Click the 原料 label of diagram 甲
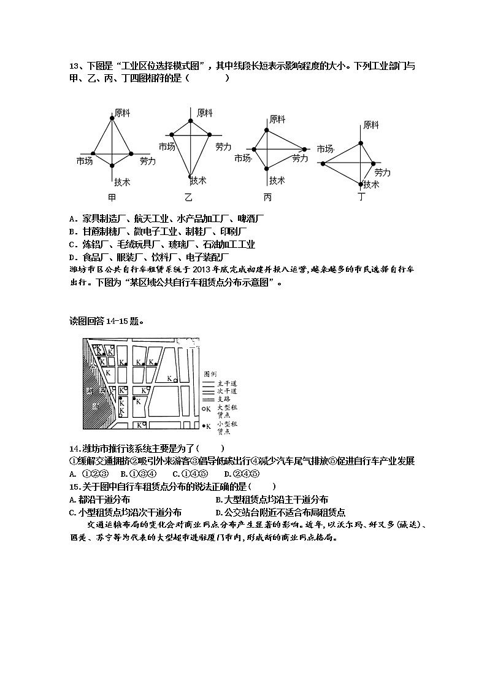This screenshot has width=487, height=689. pyautogui.click(x=122, y=113)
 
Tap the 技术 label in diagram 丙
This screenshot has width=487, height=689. pyautogui.click(x=277, y=180)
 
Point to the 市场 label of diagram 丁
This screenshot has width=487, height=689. pyautogui.click(x=324, y=149)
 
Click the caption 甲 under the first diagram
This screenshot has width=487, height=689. pyautogui.click(x=112, y=198)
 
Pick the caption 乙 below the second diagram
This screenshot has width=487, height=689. pyautogui.click(x=189, y=198)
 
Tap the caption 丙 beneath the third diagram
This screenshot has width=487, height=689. pyautogui.click(x=267, y=198)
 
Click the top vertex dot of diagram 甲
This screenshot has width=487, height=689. pyautogui.click(x=112, y=118)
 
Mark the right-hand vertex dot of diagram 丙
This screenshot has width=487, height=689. pyautogui.click(x=304, y=148)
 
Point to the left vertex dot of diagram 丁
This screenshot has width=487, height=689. pyautogui.click(x=323, y=164)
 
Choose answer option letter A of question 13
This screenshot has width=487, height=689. pyautogui.click(x=72, y=218)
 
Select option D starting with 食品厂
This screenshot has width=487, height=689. pyautogui.click(x=72, y=257)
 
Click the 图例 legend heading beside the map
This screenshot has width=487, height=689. pyautogui.click(x=210, y=373)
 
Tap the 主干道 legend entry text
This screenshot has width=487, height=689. pyautogui.click(x=226, y=382)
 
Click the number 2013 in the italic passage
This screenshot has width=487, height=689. pyautogui.click(x=202, y=269)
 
